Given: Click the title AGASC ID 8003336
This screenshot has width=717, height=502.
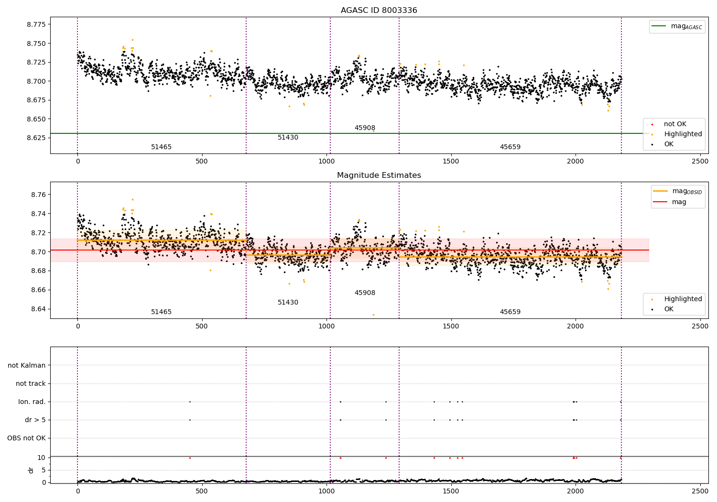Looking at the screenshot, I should coord(379,11).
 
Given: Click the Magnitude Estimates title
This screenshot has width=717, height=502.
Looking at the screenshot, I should coord(379,175).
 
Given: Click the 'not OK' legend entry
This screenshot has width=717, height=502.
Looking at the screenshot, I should coord(675,124).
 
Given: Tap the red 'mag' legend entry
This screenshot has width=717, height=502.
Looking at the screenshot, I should coord(679,202).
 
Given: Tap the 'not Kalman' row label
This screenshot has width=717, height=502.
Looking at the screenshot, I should coord(27,365).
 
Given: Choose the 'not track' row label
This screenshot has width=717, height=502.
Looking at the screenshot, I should coord(31,383).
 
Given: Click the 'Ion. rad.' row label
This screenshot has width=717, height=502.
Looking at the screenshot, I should coord(32,402).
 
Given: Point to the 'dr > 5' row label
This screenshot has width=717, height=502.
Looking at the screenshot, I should coord(35,420).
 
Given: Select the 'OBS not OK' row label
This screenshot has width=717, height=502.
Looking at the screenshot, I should coord(26,438).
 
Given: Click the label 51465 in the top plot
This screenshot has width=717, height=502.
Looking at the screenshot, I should coord(161,147).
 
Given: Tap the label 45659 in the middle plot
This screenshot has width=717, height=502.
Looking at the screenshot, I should coord(510,312).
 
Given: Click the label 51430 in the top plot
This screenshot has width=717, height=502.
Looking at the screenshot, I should coord(288,138).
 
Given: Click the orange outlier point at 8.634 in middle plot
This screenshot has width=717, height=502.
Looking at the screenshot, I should coord(373,315).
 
